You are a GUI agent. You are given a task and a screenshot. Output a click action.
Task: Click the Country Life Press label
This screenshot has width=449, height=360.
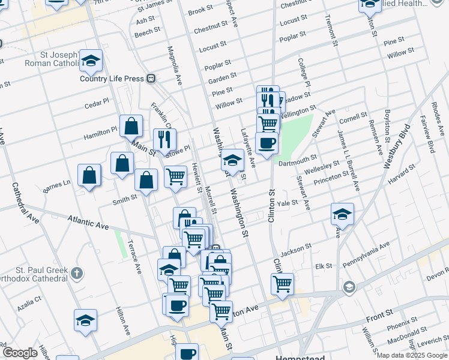tap(112, 79)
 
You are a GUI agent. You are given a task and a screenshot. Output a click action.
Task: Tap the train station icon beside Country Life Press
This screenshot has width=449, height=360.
tap(152, 79)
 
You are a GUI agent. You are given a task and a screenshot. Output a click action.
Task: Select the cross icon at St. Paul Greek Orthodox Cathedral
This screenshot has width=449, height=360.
tap(76, 274)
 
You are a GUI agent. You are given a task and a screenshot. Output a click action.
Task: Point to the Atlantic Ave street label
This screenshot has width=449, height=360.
tap(88, 223)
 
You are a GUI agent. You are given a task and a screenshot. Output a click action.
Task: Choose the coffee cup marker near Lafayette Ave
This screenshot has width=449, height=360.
tap(267, 143)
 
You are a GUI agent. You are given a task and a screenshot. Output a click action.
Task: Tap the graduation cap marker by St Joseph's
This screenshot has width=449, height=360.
tap(91, 60)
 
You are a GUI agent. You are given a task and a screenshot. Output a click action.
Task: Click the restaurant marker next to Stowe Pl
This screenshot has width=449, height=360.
tap(164, 139)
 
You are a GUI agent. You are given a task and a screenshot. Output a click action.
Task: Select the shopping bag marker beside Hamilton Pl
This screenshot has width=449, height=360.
tap(131, 126)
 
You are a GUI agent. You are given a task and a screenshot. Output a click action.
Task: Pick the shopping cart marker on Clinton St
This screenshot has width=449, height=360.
tap(282, 283)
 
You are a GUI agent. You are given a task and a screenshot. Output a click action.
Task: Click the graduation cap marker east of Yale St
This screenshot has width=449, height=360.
tap(342, 214)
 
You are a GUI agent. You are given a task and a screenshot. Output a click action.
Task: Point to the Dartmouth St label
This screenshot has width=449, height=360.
tap(298, 159)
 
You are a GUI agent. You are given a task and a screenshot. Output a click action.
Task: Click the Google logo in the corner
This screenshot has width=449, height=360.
tap(20, 353)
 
